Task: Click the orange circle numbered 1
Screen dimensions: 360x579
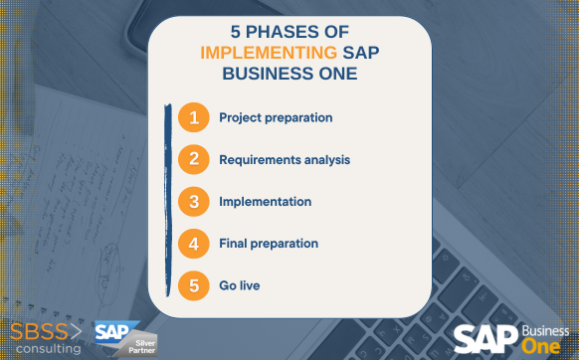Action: (x=195, y=117)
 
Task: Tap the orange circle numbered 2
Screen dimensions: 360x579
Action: (x=195, y=159)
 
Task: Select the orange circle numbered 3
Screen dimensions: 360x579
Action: (x=195, y=201)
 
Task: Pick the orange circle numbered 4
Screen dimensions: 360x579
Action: (x=195, y=243)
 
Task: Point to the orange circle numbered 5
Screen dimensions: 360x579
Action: (x=195, y=285)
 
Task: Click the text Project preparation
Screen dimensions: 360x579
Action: (x=276, y=117)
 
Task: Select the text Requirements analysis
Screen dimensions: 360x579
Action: (x=284, y=159)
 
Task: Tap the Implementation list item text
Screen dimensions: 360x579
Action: (x=265, y=201)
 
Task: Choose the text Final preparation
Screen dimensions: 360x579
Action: (x=268, y=243)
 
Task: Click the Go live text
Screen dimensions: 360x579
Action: (x=240, y=285)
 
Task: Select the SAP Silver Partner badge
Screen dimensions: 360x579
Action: (x=124, y=337)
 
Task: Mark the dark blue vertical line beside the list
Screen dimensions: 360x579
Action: (x=164, y=200)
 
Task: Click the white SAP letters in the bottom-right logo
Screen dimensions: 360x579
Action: (x=485, y=338)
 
